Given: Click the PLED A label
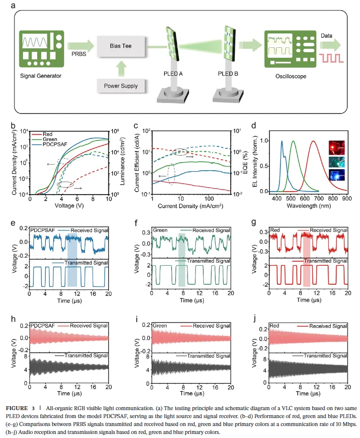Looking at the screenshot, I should coord(174,73).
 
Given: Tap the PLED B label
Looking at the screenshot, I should coord(229,73).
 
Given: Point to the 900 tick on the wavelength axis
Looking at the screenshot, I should coord(347,198).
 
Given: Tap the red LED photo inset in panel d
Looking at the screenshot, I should coord(335,147).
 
